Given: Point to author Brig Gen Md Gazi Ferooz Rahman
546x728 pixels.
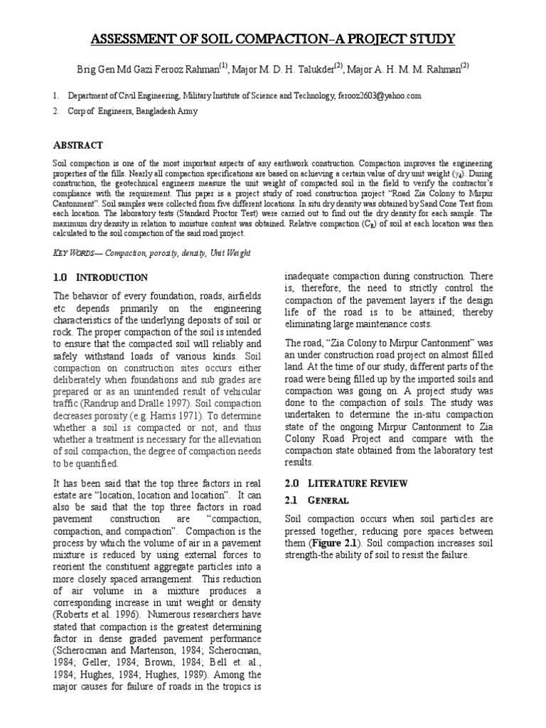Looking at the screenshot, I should pos(147,69).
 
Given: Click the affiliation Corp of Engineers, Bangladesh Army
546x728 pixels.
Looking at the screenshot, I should pos(133,112).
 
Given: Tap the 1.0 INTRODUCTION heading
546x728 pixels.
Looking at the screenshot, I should pos(101,278).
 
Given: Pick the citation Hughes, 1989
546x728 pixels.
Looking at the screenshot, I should pos(154,675).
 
